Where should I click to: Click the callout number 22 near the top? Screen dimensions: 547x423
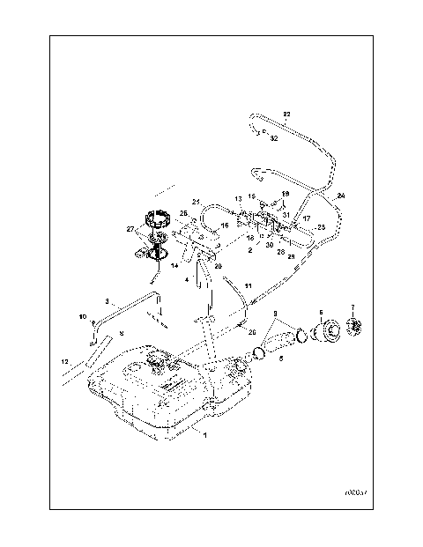[286, 115]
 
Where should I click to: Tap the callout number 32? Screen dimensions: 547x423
[274, 138]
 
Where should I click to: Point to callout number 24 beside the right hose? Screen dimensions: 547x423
[341, 195]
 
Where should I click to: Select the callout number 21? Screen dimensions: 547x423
[197, 202]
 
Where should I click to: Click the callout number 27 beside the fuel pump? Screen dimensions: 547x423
[130, 229]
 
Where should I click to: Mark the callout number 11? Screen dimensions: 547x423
[249, 286]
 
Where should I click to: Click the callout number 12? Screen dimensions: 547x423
[63, 362]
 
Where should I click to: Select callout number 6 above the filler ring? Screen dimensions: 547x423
[321, 311]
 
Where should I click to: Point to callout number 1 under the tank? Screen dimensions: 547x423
[205, 435]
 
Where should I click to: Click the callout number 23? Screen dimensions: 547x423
[321, 227]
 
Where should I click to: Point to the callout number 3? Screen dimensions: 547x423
[107, 299]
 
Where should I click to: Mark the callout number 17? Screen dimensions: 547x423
[308, 218]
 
